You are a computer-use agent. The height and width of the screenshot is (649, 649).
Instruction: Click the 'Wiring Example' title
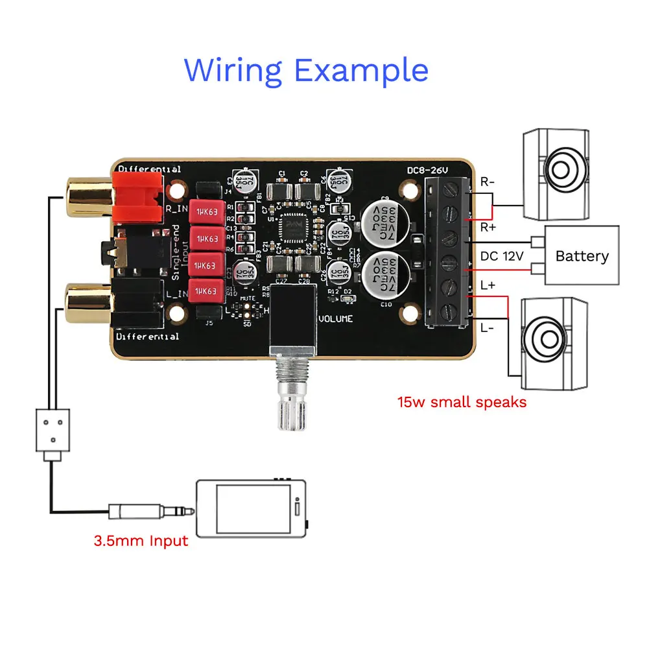(306, 70)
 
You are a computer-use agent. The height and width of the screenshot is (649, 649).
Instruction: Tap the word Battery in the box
(582, 256)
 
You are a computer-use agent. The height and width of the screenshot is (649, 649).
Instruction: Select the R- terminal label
(488, 182)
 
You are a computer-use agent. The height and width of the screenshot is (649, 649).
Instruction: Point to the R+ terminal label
(488, 228)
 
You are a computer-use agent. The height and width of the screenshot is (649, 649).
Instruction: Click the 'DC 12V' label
(501, 256)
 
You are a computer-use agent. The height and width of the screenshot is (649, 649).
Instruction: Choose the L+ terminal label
(488, 285)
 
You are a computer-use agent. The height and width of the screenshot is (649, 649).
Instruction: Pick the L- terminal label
(488, 328)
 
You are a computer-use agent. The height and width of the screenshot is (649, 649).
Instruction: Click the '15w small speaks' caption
(462, 402)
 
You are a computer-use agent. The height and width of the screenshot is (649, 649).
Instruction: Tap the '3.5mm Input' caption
(141, 541)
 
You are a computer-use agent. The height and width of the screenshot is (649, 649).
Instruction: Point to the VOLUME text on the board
(335, 318)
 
